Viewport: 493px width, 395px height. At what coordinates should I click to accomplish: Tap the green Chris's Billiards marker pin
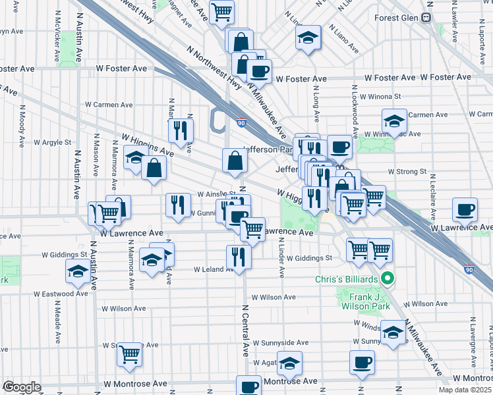(388, 278)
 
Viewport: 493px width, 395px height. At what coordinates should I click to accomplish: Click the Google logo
(22, 387)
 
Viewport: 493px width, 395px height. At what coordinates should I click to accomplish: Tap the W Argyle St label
(52, 142)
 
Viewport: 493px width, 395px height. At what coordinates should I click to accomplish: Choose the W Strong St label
(407, 171)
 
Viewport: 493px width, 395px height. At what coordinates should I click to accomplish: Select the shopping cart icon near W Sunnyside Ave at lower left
(130, 354)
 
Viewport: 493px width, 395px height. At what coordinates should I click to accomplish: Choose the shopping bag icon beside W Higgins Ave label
(154, 169)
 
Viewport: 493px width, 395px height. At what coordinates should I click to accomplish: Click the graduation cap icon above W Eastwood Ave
(78, 271)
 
